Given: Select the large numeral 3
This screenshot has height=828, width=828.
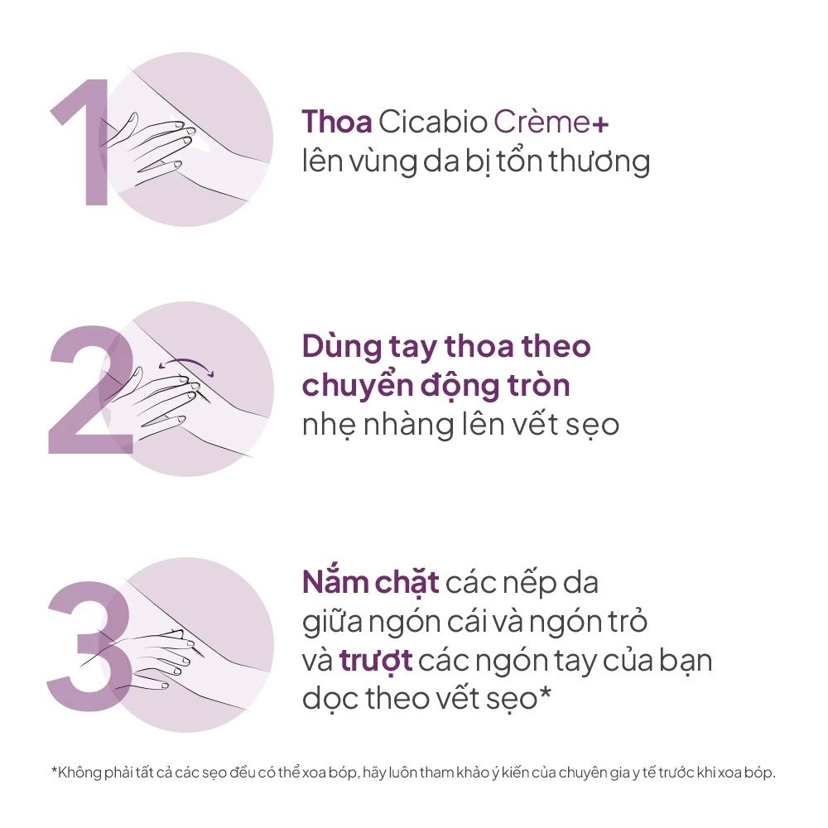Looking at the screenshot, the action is pyautogui.click(x=89, y=645).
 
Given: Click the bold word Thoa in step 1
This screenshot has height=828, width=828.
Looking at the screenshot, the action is pyautogui.click(x=337, y=122).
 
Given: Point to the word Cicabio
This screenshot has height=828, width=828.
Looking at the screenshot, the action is pyautogui.click(x=432, y=122).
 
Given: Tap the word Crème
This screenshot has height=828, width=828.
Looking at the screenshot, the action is pyautogui.click(x=542, y=122).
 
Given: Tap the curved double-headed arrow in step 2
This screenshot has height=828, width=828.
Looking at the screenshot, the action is pyautogui.click(x=186, y=363).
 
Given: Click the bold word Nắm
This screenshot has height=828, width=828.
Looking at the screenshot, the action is pyautogui.click(x=335, y=582).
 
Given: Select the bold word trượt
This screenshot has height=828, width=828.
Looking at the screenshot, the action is pyautogui.click(x=375, y=661).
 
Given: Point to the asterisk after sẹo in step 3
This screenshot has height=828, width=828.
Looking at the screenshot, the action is pyautogui.click(x=545, y=693).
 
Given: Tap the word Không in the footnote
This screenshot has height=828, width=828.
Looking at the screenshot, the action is pyautogui.click(x=79, y=773).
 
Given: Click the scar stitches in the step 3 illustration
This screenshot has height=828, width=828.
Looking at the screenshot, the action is pyautogui.click(x=195, y=647).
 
